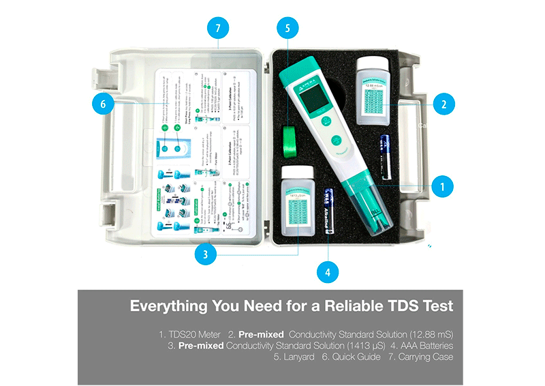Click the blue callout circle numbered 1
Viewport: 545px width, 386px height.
[442, 185]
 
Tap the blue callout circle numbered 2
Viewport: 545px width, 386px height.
[443, 104]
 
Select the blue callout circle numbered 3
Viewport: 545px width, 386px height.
[206, 254]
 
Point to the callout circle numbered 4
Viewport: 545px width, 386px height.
[328, 271]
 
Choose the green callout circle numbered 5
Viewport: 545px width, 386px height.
[288, 29]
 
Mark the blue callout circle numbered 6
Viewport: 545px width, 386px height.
[103, 104]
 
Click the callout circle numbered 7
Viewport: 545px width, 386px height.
[217, 29]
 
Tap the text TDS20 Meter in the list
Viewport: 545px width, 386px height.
[187, 335]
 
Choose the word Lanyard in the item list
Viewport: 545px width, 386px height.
[300, 357]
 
